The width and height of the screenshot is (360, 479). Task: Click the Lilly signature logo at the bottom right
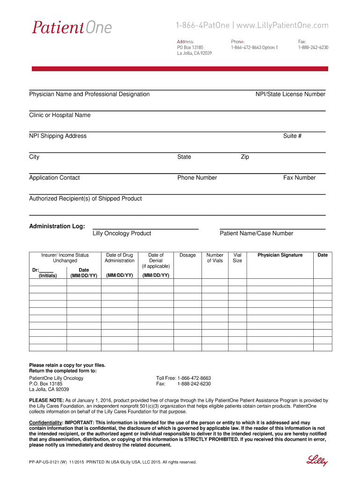[317, 460]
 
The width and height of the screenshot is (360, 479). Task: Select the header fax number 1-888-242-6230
[313, 47]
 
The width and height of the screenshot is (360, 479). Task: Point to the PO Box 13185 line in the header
[190, 47]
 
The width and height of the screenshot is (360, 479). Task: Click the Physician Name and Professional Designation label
[89, 94]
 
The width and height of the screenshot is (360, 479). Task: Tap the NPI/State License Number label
[290, 94]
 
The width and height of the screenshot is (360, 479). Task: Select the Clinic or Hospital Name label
[60, 115]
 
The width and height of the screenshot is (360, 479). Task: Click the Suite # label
[292, 136]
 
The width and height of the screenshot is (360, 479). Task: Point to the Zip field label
[245, 157]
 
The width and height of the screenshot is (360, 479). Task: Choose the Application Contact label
[54, 178]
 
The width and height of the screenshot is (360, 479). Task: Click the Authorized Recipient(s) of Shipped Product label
[86, 199]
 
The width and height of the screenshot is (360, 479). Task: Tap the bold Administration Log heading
[57, 226]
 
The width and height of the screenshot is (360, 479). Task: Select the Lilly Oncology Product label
[122, 233]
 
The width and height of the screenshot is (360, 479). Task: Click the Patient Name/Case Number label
[256, 233]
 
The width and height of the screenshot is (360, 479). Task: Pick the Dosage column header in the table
[187, 255]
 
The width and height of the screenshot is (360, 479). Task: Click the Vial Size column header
[238, 258]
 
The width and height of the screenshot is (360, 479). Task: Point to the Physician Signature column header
[280, 255]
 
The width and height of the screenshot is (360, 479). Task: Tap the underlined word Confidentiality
[45, 423]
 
